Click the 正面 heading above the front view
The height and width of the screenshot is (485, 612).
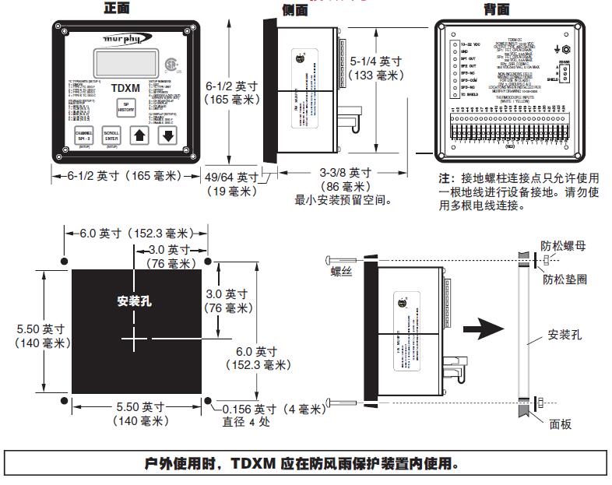tap(117, 8)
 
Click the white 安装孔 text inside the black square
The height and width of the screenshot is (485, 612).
tap(134, 300)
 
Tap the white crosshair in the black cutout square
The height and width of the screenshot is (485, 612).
tap(134, 339)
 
